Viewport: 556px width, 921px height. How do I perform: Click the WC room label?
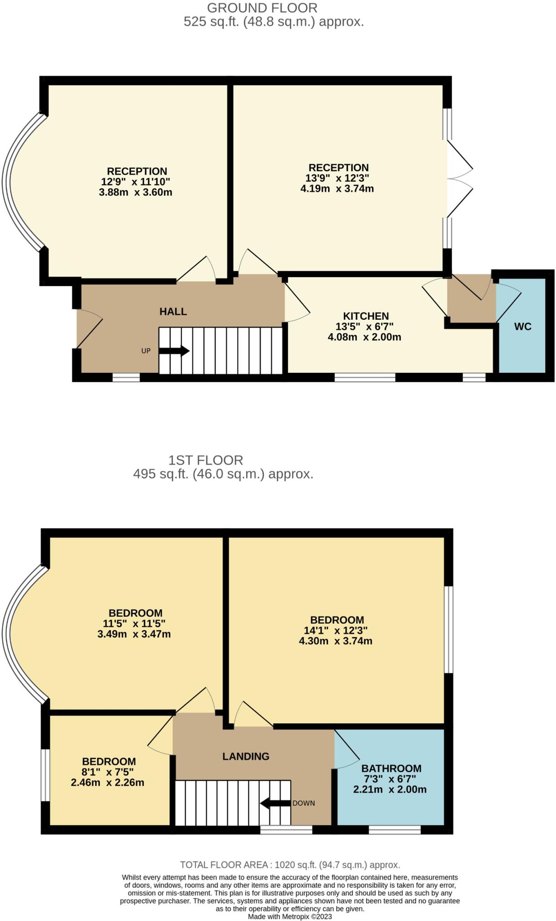tap(522, 326)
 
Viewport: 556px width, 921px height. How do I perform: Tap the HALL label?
tap(173, 312)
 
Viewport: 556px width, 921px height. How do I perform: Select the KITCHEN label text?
tap(366, 316)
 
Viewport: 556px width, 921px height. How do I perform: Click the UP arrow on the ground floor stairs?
tap(174, 351)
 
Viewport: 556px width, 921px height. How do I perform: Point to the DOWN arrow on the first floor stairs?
tap(275, 803)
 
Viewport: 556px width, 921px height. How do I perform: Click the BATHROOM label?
tap(391, 768)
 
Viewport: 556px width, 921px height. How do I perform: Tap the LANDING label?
tap(245, 756)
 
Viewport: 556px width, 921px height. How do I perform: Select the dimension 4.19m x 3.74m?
tap(337, 188)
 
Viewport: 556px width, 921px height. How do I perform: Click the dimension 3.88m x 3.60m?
tap(135, 192)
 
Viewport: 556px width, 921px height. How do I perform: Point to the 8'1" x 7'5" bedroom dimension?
tap(108, 772)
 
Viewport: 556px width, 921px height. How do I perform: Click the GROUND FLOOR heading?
tap(262, 8)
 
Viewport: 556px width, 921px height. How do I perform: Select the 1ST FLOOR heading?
tap(205, 460)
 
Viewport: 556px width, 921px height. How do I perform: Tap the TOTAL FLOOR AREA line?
tap(290, 865)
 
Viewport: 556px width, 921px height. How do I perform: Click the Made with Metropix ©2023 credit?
tap(290, 917)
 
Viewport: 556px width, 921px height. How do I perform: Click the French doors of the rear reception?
tap(459, 179)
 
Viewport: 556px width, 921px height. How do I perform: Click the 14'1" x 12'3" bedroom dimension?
tap(335, 630)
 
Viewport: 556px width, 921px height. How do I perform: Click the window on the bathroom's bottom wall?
tap(395, 830)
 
